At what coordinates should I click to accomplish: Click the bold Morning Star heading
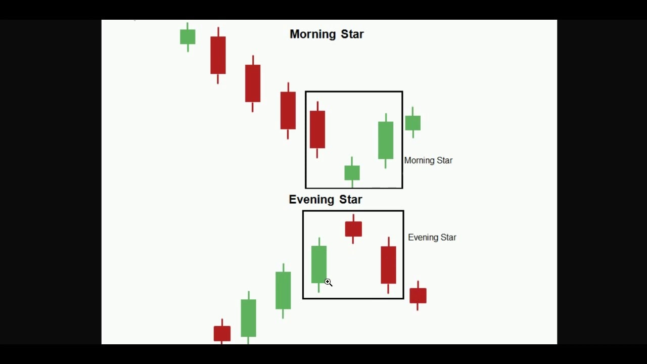pos(327,34)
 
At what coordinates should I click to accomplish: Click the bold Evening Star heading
pos(325,200)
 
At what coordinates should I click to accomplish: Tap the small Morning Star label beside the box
pos(428,160)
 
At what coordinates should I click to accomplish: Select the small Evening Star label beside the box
pos(432,237)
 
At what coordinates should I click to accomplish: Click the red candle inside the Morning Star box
pos(317,129)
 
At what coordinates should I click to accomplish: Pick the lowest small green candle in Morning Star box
pos(352,172)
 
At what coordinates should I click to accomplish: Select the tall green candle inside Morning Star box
pos(386,140)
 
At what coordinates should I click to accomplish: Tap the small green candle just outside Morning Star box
pos(412,123)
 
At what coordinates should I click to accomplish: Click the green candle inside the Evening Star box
pos(319,264)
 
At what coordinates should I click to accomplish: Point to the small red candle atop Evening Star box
pos(353,229)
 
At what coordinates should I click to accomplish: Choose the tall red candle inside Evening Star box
pos(388,264)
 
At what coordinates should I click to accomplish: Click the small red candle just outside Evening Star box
pos(418,295)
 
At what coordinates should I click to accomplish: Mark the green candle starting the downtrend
pos(188,36)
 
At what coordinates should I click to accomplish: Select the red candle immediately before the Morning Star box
pos(288,110)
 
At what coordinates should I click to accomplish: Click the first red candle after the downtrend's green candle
pos(218,55)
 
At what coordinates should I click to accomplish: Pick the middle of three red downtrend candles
pos(253,83)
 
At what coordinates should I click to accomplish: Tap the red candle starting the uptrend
pos(222,333)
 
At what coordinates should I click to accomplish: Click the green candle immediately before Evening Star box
pos(283,290)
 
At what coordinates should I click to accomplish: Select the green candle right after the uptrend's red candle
pos(248,317)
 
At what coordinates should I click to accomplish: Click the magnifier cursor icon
pos(328,282)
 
